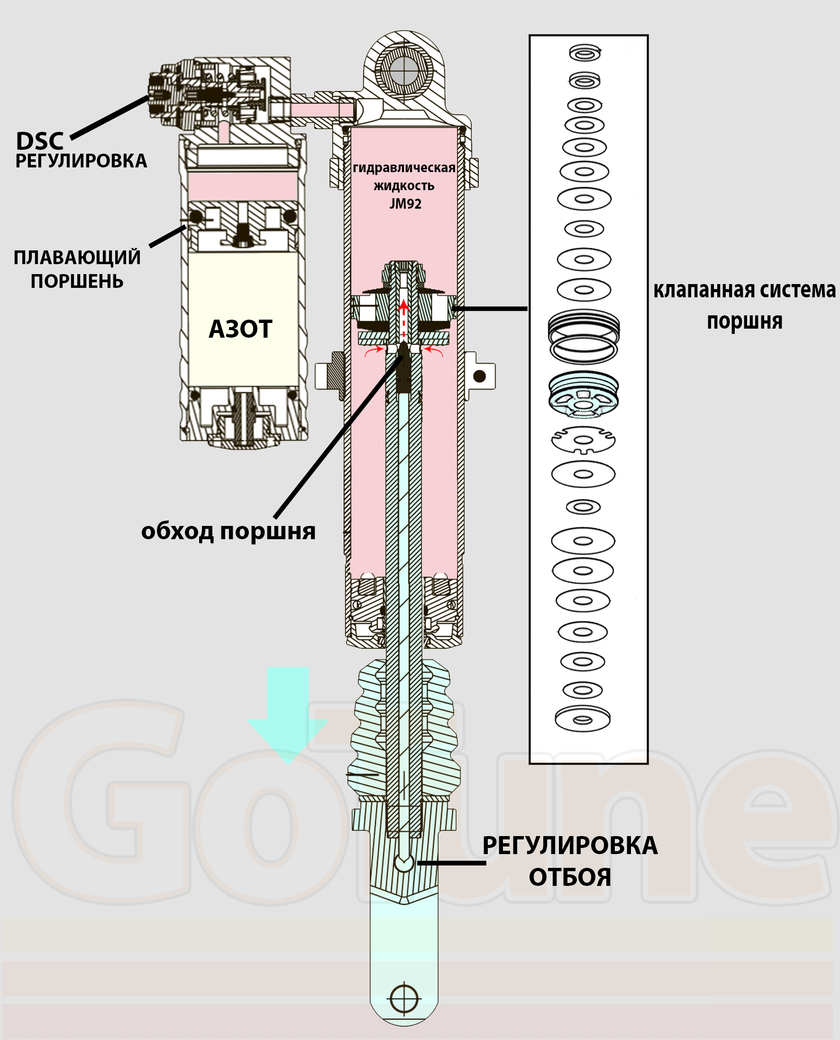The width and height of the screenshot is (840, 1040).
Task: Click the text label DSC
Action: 40,141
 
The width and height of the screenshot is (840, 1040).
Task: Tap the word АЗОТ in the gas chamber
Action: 240,329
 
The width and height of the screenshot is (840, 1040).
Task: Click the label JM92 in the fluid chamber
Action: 405,204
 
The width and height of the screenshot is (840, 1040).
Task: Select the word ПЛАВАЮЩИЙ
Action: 77,258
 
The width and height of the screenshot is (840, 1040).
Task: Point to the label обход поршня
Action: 228,531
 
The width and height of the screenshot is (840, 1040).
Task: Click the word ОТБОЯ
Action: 569,877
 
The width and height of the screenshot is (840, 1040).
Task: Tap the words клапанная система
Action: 744,290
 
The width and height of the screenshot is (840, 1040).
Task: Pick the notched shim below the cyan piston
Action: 584,440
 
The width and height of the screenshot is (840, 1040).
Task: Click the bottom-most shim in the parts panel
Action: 583,718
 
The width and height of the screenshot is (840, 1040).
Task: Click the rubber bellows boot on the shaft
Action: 404,726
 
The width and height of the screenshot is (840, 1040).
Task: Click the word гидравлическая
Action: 404,167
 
